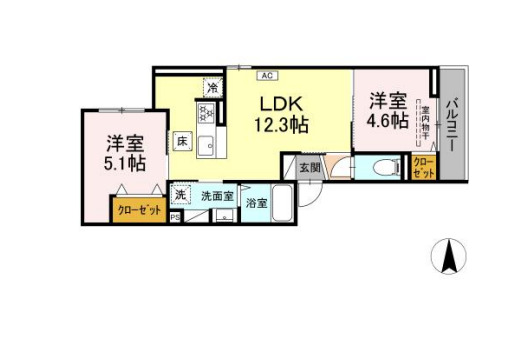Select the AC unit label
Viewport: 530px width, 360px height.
pos(267,75)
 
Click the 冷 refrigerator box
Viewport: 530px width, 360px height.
pos(212,88)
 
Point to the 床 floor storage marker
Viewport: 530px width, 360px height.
pos(183,141)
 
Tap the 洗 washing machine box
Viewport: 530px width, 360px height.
pos(181,195)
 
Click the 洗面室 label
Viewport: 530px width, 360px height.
pos(216,196)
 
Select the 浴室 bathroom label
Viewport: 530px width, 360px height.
pos(257,203)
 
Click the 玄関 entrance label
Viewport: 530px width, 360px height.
pos(310,167)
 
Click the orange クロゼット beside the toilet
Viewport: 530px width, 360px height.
pos(423,167)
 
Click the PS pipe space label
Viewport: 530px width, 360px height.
pos(176,217)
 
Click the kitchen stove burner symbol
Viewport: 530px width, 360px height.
pos(212,113)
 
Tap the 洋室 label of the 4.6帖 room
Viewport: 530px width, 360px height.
pos(387,101)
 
